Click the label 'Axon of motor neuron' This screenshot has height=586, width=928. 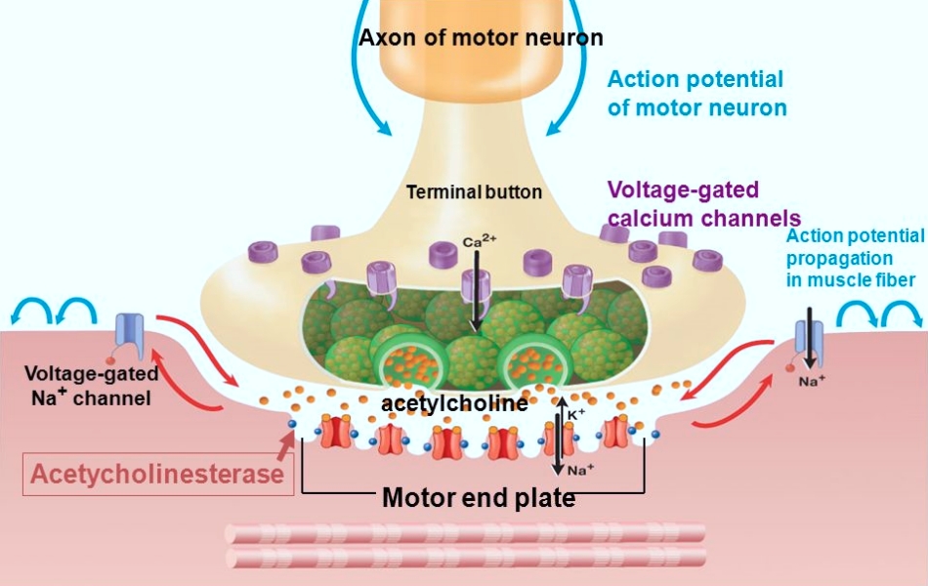coord(481,39)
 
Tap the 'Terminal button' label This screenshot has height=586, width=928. coord(474,192)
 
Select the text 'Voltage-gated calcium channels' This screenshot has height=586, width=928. coord(703,204)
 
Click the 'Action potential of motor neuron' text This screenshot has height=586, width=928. coord(696,94)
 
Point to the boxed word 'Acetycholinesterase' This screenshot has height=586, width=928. coord(157,475)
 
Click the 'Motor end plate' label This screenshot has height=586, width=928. coord(478,498)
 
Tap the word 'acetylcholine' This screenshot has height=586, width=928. coord(454,403)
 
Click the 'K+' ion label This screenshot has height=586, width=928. coord(576,414)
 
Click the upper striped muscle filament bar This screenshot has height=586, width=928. coord(465,533)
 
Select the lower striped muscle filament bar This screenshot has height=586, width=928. coord(465,558)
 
